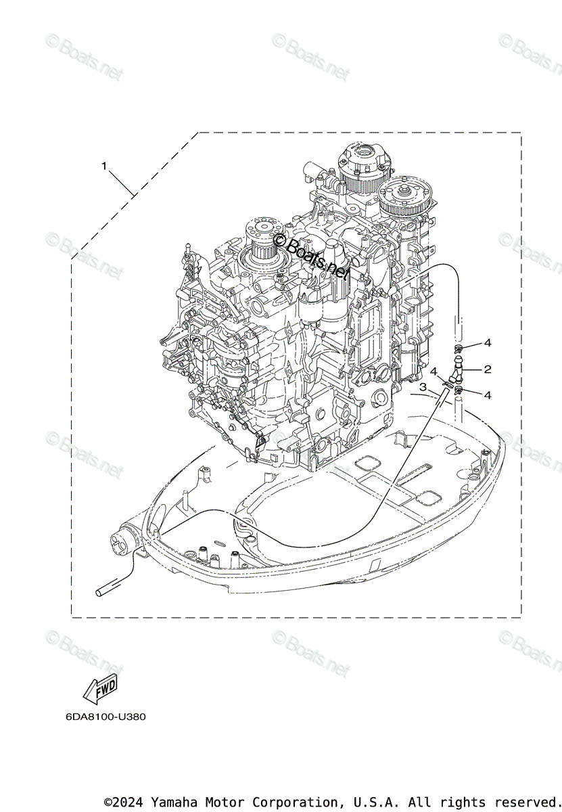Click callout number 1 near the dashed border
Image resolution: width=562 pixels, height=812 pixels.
click(104, 165)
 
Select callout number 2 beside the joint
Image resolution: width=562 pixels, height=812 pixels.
click(487, 369)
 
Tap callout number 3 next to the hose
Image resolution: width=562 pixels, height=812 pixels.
click(423, 387)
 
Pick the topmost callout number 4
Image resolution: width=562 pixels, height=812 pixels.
click(488, 343)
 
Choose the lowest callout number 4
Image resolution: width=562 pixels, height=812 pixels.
click(487, 394)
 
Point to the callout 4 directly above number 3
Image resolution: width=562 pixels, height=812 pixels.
click(434, 371)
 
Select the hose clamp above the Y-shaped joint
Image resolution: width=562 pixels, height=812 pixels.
click(458, 350)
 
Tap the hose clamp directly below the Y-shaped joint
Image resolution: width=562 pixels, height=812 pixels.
click(459, 390)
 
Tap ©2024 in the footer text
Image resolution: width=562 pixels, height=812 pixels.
click(125, 803)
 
